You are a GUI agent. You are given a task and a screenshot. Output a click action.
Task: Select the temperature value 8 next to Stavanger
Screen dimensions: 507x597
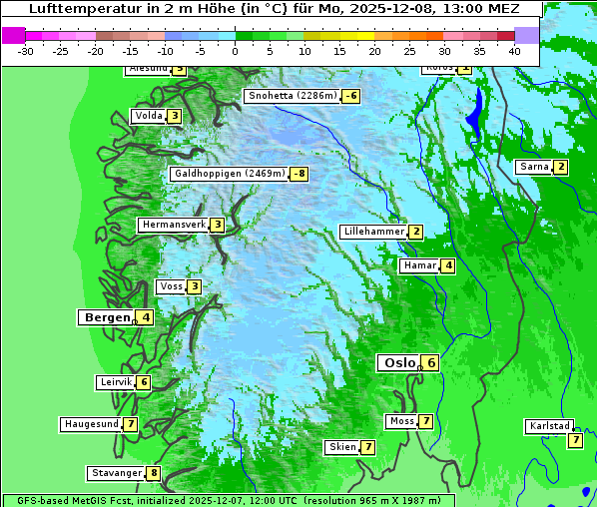[x=154, y=473]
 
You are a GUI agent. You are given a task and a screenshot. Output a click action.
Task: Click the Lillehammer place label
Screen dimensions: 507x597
[x=373, y=232]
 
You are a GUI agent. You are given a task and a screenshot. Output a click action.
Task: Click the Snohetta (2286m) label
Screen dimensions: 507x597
[x=292, y=96]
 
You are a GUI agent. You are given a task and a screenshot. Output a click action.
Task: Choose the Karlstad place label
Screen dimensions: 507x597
[x=549, y=427]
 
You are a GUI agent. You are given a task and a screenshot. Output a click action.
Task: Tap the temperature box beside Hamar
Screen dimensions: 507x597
[x=449, y=265]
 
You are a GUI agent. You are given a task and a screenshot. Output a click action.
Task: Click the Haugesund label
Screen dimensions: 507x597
[x=91, y=424]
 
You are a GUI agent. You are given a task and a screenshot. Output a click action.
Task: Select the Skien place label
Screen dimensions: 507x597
[x=341, y=447]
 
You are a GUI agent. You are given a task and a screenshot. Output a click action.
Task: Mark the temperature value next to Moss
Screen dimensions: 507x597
[x=426, y=421]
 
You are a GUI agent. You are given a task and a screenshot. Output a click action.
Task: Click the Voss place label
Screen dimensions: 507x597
[x=171, y=286]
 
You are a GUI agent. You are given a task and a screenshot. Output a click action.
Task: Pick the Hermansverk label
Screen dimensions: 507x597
[x=173, y=225]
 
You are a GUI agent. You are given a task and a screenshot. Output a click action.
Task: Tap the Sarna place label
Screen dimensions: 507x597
[x=533, y=167]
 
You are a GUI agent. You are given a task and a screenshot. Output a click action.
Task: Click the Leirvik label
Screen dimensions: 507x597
[x=115, y=382]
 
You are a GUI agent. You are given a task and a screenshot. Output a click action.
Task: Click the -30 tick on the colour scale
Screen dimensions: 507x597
[x=26, y=50]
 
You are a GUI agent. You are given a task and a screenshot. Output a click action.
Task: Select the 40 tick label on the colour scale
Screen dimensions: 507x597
[x=514, y=50]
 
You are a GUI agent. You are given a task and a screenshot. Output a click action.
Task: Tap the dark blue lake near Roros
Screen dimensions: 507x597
[x=476, y=110]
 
